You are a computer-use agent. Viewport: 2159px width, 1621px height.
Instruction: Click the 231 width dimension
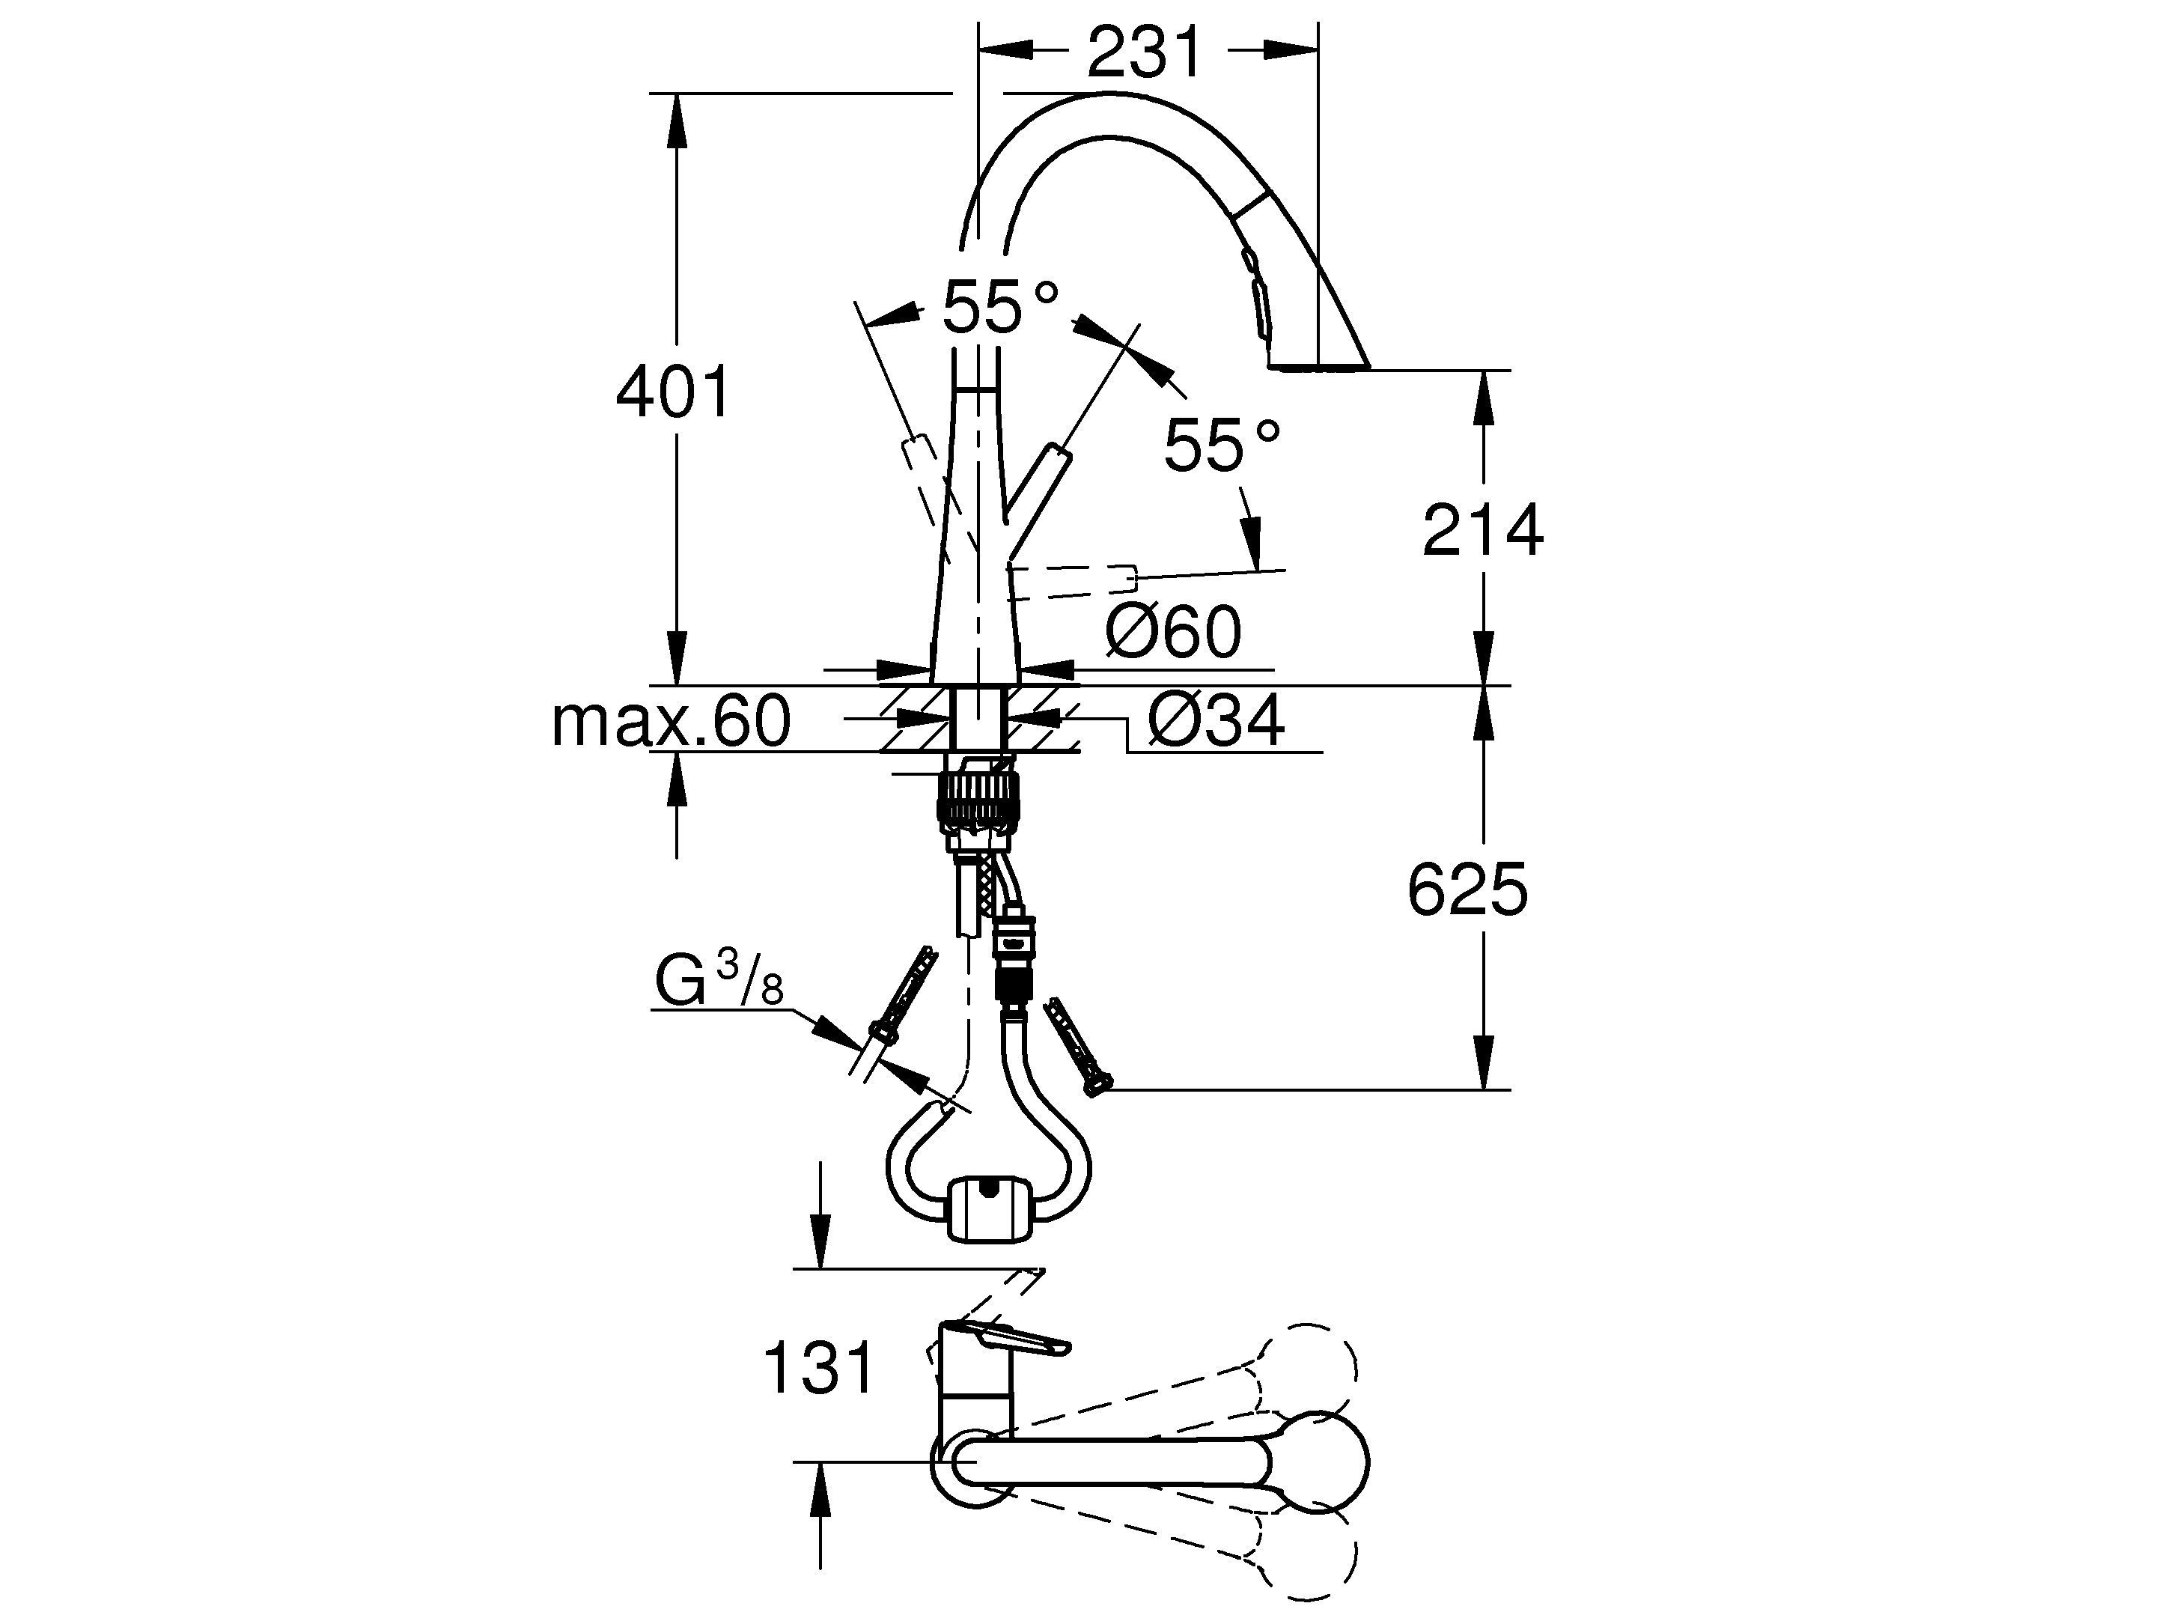pos(1143,54)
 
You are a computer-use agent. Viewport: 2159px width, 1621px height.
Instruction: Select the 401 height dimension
pos(672,392)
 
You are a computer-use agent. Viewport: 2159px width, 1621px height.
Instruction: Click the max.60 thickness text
pos(671,723)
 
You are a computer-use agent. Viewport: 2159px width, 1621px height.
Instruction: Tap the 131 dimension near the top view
pos(818,1367)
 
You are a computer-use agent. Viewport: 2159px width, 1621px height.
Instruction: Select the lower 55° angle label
pos(1220,446)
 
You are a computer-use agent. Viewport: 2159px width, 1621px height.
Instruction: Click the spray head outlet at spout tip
pos(1318,368)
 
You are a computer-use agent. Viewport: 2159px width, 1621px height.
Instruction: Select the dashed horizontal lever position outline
pos(1074,583)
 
